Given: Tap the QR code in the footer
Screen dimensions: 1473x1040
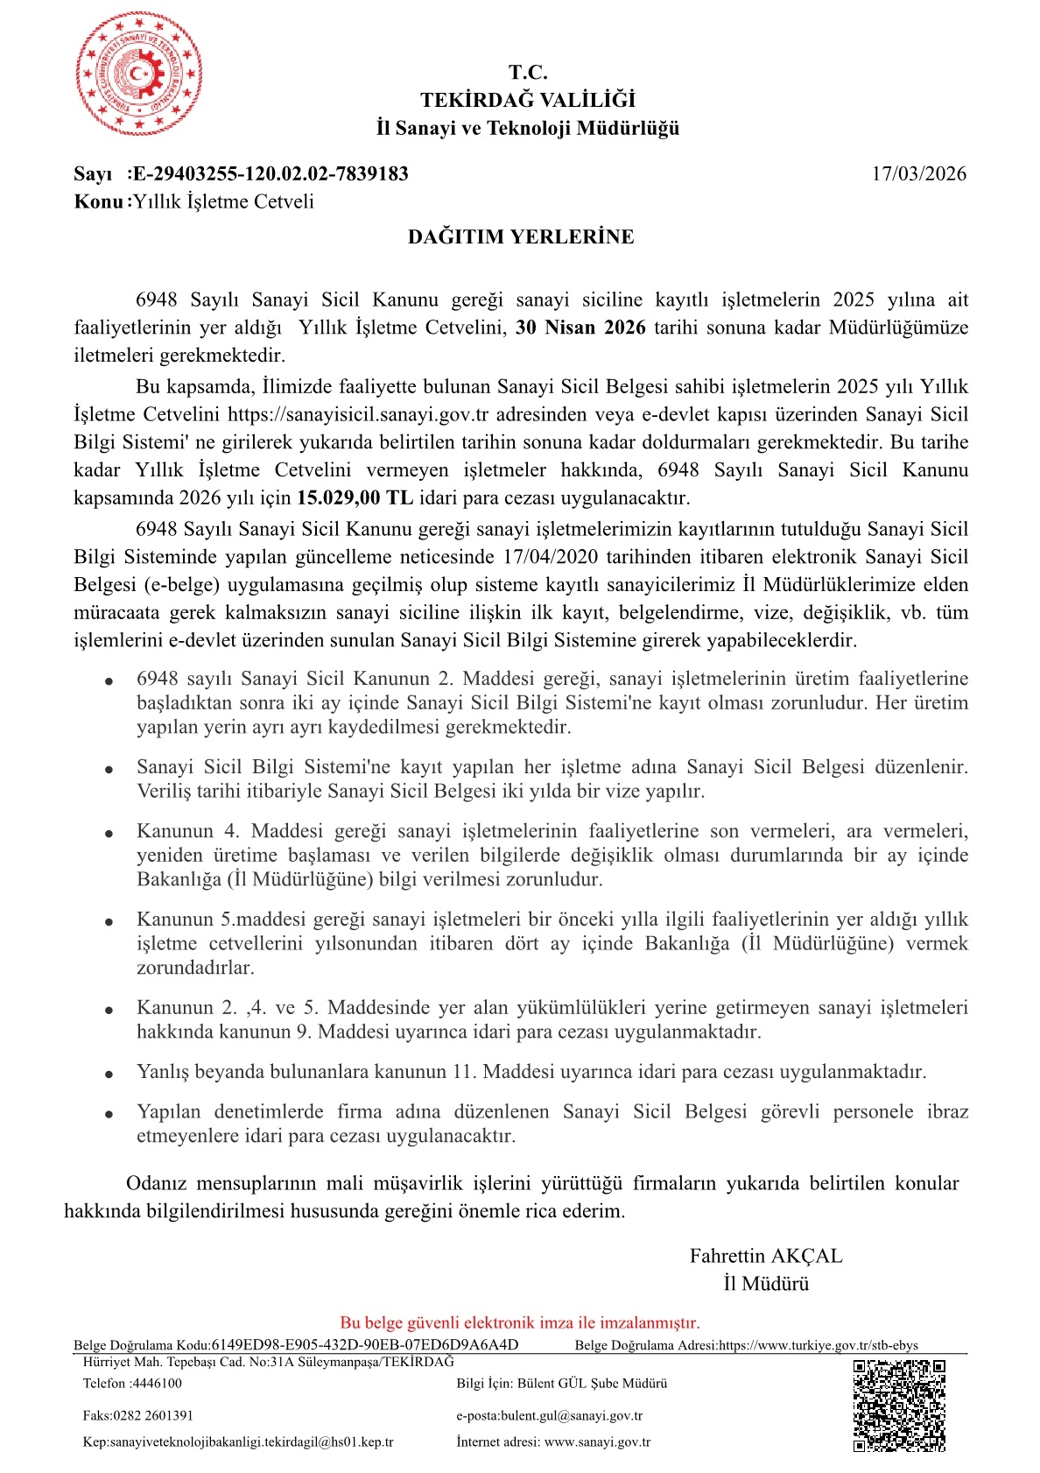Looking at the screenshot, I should point(899,1405).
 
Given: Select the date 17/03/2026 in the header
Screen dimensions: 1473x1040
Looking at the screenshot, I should point(918,173).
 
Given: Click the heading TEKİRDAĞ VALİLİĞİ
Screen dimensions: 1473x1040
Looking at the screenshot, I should point(528,100).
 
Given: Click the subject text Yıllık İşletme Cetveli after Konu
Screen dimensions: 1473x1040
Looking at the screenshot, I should point(223,201).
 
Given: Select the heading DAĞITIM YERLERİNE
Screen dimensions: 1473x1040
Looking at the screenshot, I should point(521,236).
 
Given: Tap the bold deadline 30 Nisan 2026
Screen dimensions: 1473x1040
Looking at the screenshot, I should point(580,328).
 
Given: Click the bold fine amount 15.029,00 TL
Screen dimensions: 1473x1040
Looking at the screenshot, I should point(355,497).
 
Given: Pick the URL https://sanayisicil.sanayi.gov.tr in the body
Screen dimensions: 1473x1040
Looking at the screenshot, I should point(358,414).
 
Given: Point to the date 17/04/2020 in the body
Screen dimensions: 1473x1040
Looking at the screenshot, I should point(552,557).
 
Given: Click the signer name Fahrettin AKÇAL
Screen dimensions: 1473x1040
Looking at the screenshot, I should point(766,1256).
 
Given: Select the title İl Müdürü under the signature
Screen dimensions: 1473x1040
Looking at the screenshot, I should point(766,1284).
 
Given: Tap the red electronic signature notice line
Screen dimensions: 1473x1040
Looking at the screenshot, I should point(520,1322).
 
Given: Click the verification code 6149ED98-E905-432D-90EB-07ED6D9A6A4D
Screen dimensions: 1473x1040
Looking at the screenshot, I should point(365,1345).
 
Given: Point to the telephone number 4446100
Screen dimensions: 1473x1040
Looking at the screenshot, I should point(158,1384).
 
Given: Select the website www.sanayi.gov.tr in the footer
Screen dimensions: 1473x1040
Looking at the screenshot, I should point(597,1441).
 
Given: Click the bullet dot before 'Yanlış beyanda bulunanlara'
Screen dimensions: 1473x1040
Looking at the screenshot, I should point(109,1074).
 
